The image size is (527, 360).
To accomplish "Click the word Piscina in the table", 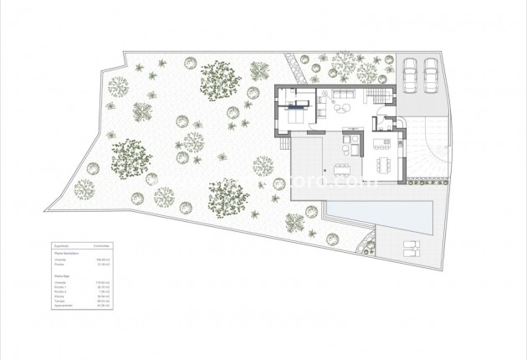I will point(59,296).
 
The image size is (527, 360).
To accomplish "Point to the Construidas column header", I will point(101,245).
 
